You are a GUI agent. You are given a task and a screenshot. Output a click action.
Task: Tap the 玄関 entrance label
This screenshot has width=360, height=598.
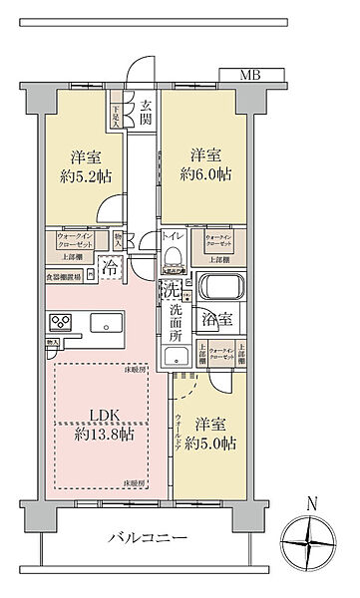147,115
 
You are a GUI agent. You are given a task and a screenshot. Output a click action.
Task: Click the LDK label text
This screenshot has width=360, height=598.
96,413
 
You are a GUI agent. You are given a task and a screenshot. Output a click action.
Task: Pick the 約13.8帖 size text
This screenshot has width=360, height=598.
98,435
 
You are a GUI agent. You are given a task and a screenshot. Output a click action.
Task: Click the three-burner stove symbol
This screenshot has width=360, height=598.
60,323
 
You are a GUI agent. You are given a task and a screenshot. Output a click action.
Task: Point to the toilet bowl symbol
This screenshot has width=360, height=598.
174,256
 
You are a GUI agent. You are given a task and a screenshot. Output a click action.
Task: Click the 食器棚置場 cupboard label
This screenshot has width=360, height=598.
64,278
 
